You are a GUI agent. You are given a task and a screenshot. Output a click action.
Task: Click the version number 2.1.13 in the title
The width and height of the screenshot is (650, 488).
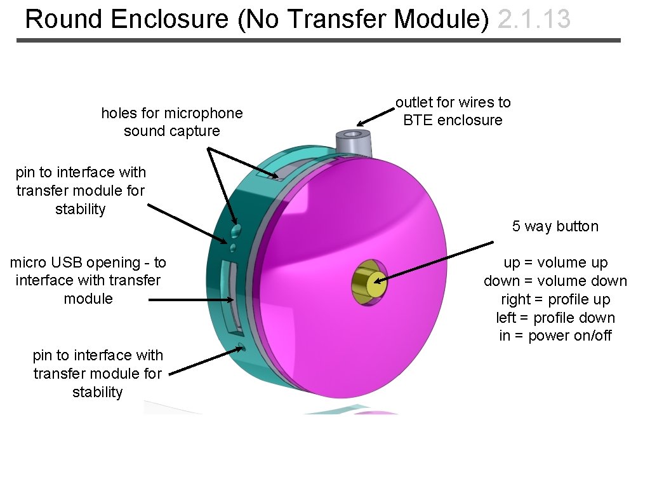pos(534,20)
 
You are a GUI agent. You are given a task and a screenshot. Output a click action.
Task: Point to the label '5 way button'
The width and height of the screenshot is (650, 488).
pos(555,227)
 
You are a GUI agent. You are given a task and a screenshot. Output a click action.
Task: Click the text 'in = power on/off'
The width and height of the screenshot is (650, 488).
pos(555,335)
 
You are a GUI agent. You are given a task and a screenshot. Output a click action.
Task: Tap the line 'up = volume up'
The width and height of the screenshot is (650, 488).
pos(555,263)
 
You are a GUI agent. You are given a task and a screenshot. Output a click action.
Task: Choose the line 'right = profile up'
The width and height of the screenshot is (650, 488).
pos(555,299)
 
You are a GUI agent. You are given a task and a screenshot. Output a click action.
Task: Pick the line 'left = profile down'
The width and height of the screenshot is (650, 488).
pos(555,318)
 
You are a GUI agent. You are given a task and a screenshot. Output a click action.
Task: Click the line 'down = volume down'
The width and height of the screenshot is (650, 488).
pos(555,281)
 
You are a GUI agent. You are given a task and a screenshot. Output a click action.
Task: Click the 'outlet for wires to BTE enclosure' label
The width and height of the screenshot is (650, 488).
pos(453,111)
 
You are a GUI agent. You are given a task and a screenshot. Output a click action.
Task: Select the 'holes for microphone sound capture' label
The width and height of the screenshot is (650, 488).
pos(171,122)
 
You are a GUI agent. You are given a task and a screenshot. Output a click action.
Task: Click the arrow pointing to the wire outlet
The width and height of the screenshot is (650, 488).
pos(375,116)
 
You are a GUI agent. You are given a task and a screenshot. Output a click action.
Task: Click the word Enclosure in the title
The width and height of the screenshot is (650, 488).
pos(169,20)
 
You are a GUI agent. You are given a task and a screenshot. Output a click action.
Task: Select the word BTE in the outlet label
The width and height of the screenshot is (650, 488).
pos(416,120)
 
